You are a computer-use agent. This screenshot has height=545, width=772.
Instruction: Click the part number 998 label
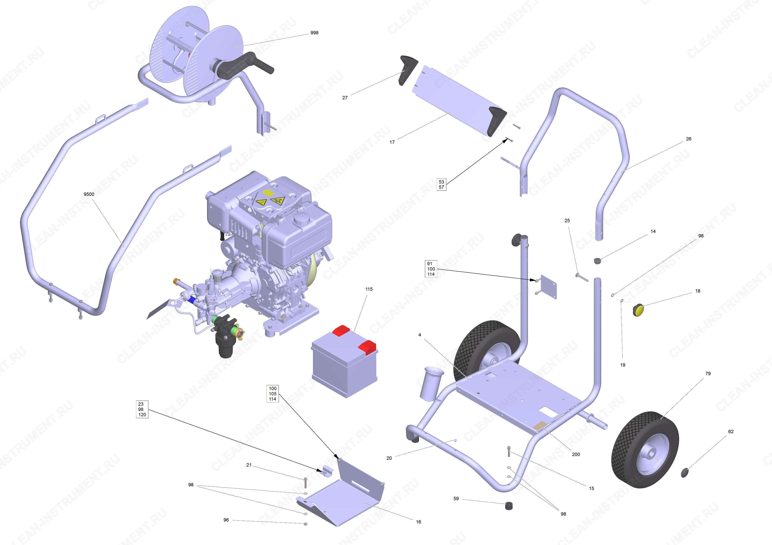(x=314, y=33)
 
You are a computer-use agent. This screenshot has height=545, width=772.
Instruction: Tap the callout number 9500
(x=89, y=194)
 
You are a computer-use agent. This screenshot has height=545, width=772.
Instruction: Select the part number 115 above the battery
(x=369, y=289)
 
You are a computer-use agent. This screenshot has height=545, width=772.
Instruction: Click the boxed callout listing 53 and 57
(x=441, y=184)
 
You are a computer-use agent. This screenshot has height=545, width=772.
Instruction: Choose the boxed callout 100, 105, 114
(x=272, y=394)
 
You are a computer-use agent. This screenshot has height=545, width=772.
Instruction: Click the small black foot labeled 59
(x=510, y=505)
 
